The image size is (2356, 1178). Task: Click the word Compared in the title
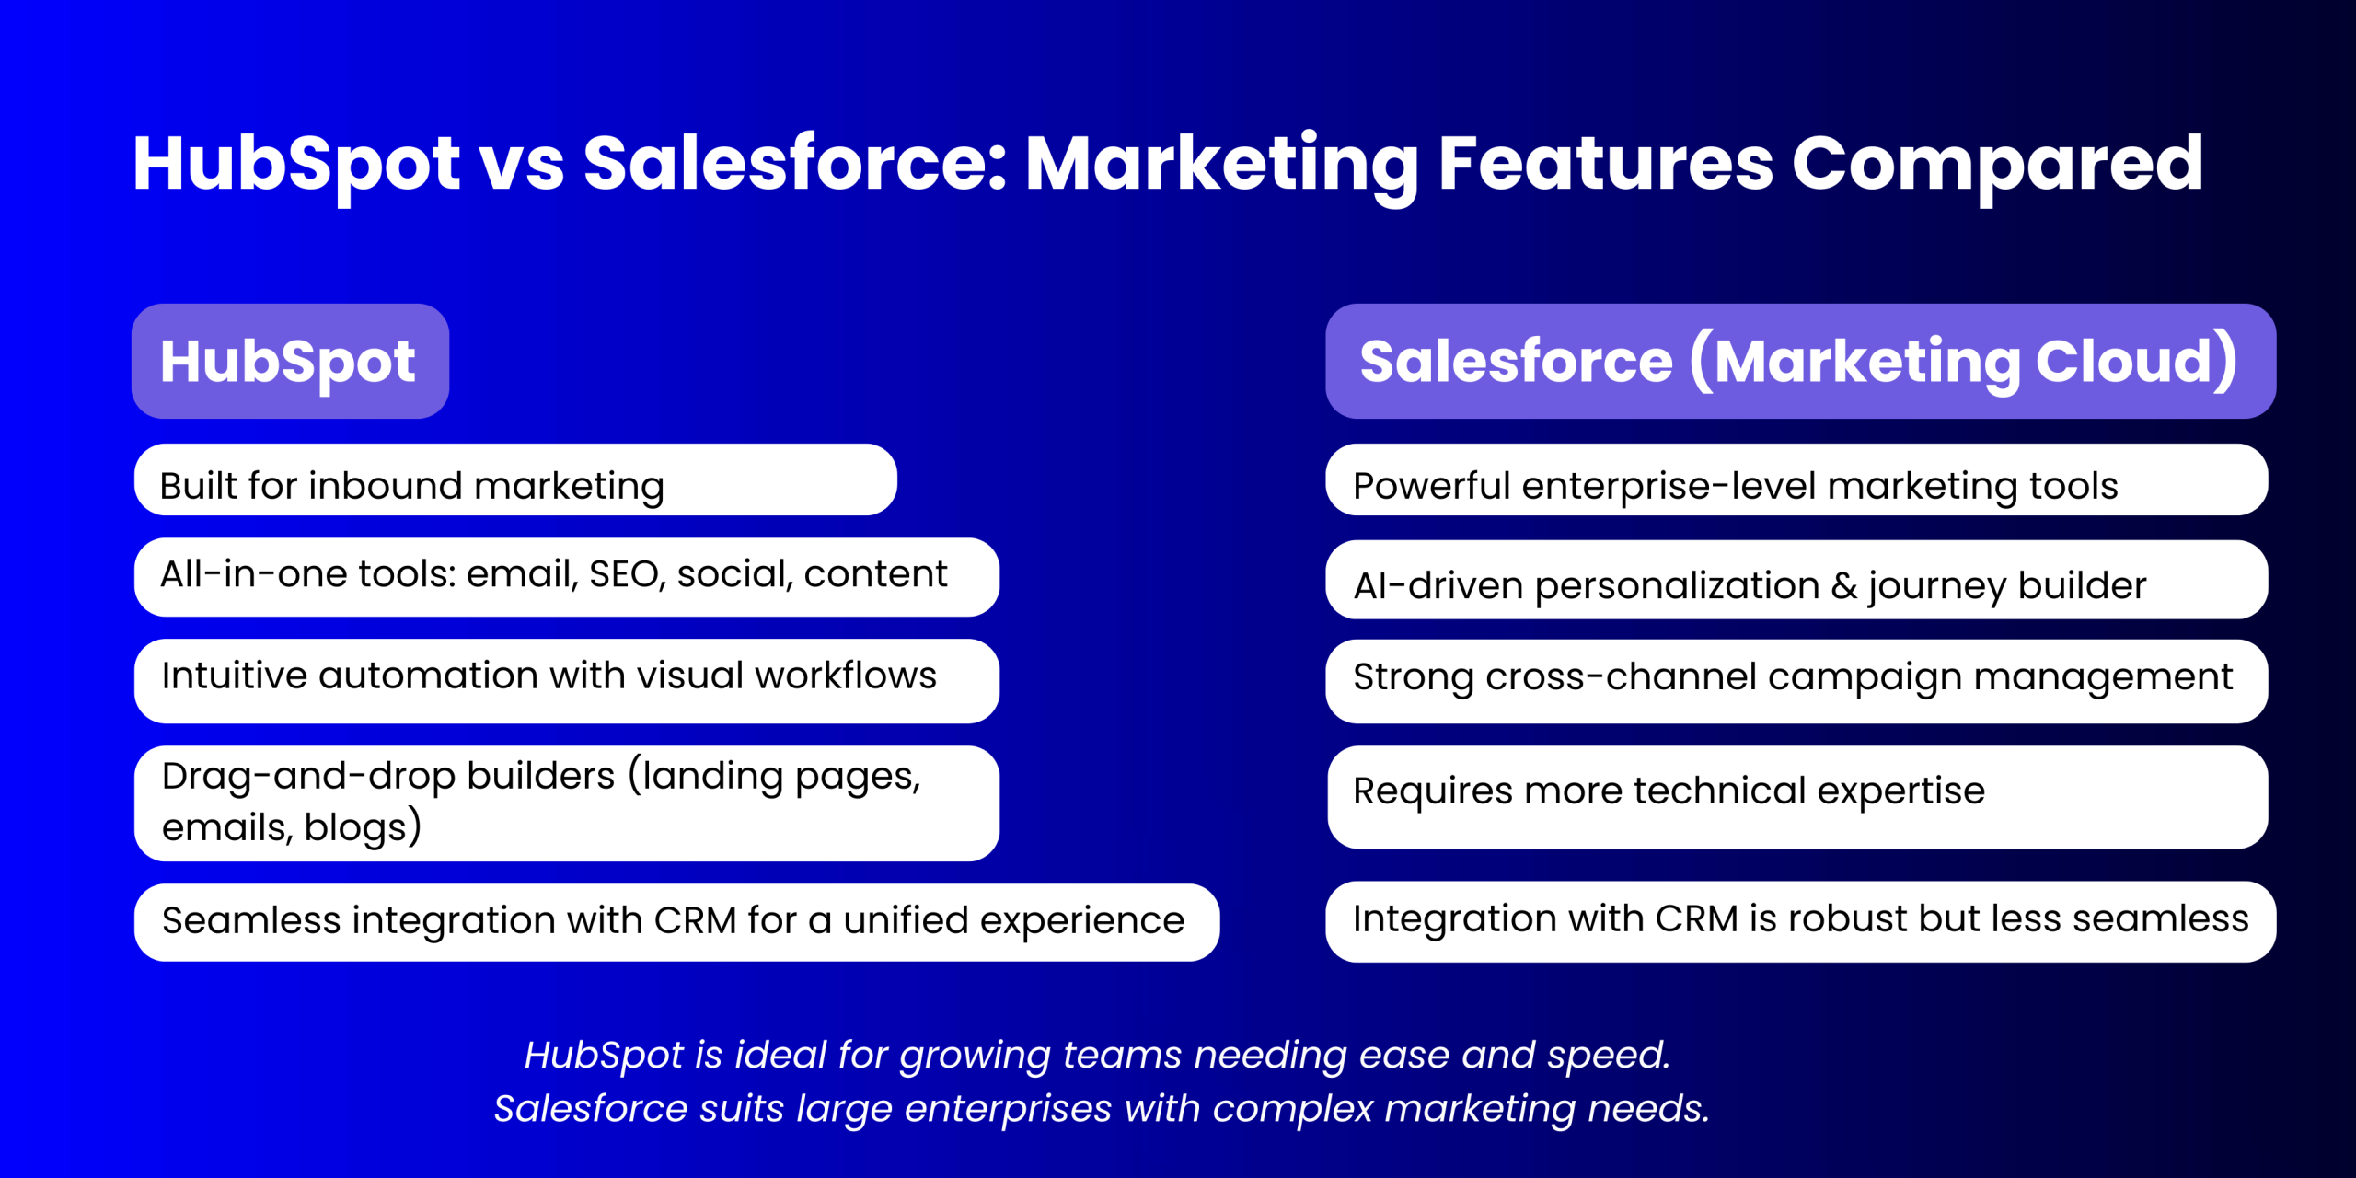click(x=1997, y=166)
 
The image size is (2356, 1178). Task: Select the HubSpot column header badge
click(x=290, y=361)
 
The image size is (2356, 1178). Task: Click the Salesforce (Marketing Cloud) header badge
click(x=1800, y=361)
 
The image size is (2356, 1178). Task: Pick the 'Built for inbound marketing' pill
click(x=515, y=479)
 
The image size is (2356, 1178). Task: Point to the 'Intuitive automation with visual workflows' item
click(x=567, y=680)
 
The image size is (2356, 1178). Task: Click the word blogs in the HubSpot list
click(x=355, y=826)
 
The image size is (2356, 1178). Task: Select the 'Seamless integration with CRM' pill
click(x=676, y=922)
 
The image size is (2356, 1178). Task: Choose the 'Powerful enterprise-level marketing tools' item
click(x=1796, y=479)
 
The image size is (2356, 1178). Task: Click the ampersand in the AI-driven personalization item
click(x=1844, y=585)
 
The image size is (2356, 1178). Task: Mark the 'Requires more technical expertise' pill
click(x=1797, y=797)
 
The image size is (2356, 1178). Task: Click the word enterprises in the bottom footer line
click(x=1009, y=1109)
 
